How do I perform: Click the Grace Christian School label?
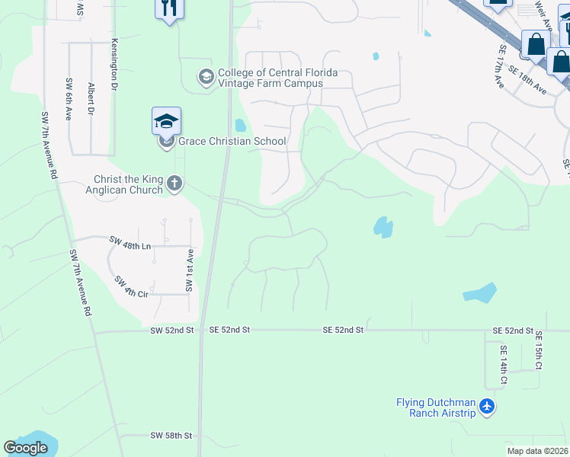click(x=232, y=141)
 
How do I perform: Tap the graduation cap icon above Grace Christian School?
click(x=166, y=121)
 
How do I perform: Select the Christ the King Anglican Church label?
click(x=128, y=184)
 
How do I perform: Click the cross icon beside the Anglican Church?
click(x=175, y=183)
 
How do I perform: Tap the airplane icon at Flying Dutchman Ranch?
click(x=488, y=407)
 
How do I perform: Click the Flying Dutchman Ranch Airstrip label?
click(x=436, y=407)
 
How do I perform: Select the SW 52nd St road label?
click(x=172, y=330)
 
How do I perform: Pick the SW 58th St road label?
click(x=171, y=436)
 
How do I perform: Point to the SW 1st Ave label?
click(x=188, y=270)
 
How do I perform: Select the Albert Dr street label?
click(x=91, y=99)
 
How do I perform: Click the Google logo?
click(x=25, y=448)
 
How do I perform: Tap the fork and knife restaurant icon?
click(x=168, y=8)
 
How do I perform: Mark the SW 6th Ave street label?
click(x=69, y=99)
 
